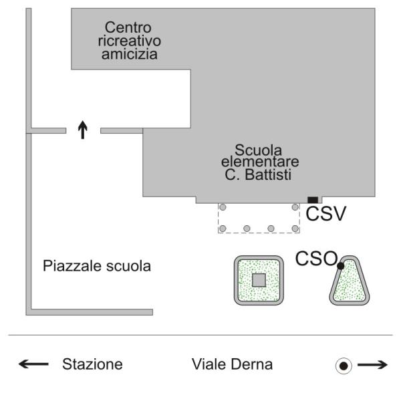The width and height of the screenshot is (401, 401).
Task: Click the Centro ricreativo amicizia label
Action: (x=129, y=41)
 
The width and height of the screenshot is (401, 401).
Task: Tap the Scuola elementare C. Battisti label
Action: (x=260, y=162)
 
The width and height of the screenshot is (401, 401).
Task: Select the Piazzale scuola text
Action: (x=97, y=266)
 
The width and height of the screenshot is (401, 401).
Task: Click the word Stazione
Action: (x=92, y=364)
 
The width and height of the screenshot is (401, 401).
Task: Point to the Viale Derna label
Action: (x=232, y=364)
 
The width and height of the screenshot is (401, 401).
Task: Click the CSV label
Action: (x=326, y=214)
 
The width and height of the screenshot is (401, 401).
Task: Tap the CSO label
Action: (x=316, y=258)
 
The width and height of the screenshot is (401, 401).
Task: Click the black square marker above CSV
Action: (x=313, y=200)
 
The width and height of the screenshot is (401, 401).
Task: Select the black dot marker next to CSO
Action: (x=341, y=266)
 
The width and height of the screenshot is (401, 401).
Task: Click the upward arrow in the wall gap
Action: (x=83, y=130)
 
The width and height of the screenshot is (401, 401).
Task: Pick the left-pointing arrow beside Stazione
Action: (x=33, y=364)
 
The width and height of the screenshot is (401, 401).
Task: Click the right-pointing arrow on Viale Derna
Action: (x=373, y=365)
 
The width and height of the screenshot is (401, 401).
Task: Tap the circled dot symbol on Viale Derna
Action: (x=344, y=366)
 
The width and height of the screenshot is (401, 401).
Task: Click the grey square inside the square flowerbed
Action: (x=259, y=280)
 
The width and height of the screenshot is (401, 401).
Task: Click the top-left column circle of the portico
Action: (x=223, y=207)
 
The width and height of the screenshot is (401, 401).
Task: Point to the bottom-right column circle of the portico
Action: (x=295, y=229)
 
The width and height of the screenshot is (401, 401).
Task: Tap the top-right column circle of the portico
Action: (x=295, y=207)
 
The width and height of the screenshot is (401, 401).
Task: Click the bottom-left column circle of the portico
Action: (x=223, y=229)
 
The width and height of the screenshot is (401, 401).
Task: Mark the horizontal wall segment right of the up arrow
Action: (x=122, y=131)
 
